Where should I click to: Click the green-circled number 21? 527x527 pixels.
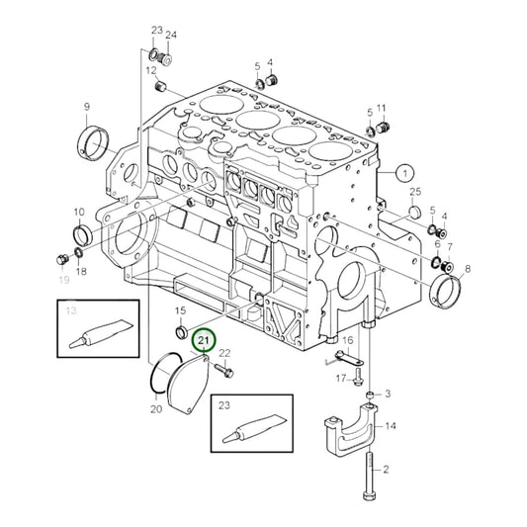coord(203,341)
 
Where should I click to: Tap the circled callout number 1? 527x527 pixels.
coord(404,172)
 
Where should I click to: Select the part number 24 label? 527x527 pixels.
coord(170,36)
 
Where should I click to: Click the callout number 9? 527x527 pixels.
coord(86,107)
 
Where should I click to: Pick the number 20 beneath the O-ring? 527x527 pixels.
coord(155,409)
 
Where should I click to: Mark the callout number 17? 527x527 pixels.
coord(339,379)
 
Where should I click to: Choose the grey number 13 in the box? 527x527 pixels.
coord(70,310)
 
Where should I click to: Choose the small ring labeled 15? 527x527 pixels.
coord(180,331)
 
